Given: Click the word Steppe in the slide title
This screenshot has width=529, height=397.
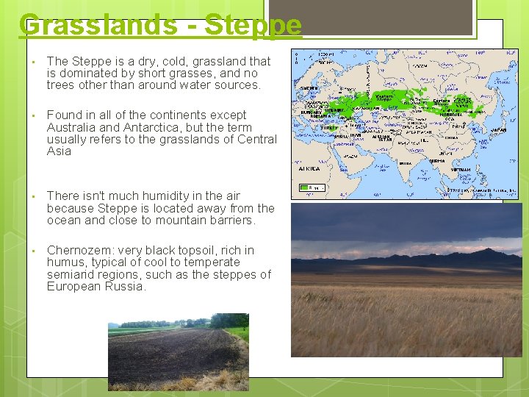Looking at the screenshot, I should click(253, 24).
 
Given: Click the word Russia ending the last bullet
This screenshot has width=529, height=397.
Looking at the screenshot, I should click(126, 286).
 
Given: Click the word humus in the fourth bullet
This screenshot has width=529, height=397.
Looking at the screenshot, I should click(65, 262).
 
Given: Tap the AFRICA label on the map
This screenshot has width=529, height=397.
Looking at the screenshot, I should click(309, 168).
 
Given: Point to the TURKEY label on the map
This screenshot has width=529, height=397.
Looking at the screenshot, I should click(328, 127).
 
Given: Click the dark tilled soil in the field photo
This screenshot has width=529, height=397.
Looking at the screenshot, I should click(169, 353).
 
